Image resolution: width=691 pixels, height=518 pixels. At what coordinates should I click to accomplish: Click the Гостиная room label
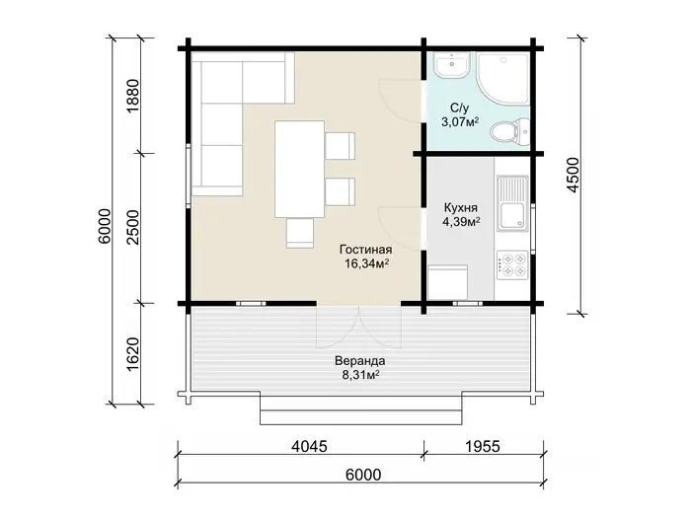point(366,250)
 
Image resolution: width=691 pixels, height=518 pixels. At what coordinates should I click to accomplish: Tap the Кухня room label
point(461,207)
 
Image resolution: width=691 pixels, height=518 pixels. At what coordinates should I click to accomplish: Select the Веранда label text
point(360,361)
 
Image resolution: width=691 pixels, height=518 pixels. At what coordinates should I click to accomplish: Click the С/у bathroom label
point(460,108)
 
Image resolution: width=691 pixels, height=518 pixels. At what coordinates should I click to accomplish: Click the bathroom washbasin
point(452,66)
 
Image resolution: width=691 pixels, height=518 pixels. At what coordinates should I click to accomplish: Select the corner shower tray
point(502,78)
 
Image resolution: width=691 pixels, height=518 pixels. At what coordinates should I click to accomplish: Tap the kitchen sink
point(512,203)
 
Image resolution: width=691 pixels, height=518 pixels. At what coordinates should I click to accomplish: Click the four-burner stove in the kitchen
point(512,264)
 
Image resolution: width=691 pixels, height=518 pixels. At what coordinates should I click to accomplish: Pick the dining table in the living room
point(300,169)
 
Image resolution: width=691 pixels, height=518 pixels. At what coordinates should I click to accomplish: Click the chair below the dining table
point(300,233)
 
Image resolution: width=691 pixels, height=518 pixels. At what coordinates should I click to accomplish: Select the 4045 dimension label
point(309,447)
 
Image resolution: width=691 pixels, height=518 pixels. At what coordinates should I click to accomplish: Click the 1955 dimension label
point(483,447)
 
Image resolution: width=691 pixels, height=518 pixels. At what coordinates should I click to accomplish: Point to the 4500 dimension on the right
point(573,175)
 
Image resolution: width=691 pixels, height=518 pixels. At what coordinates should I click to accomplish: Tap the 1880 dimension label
point(132,96)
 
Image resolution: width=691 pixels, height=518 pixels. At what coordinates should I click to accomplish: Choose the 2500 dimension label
point(132,227)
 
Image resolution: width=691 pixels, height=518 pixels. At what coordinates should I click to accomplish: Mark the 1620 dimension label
point(132,354)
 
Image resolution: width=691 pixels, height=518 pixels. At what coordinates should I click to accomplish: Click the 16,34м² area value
point(366,263)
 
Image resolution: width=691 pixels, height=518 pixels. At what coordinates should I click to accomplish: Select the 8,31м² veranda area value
point(361,375)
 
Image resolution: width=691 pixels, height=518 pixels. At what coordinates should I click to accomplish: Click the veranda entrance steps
point(361,409)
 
